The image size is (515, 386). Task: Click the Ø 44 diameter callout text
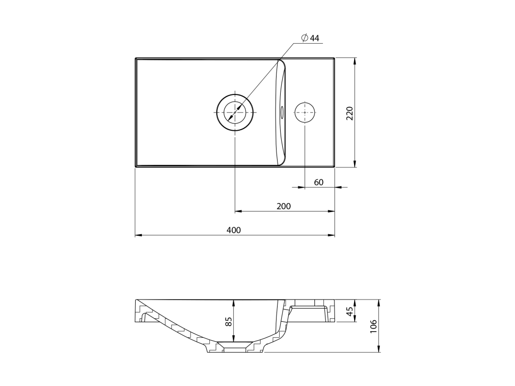point(310,38)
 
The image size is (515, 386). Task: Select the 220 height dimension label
point(350,113)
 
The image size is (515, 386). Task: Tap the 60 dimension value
point(318,182)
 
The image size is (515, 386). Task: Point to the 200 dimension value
point(284,206)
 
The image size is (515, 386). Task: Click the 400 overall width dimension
point(233,230)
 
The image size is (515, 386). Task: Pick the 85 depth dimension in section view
point(229,321)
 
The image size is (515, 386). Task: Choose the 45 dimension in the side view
point(350,311)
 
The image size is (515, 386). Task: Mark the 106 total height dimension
point(374,326)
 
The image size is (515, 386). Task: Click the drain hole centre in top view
point(235,112)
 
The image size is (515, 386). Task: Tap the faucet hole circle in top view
point(305,112)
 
